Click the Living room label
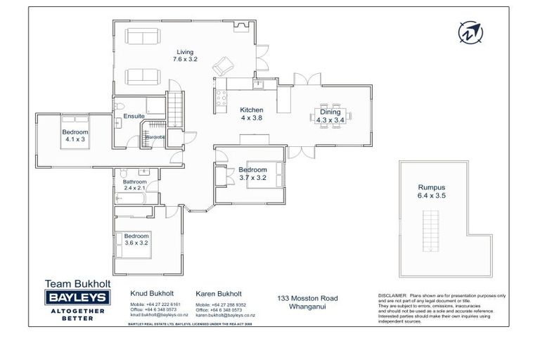tap(186, 56)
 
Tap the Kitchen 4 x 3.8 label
tap(251, 115)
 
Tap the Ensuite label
tap(134, 116)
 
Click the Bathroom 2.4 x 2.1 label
tap(134, 185)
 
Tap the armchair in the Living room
tap(222, 66)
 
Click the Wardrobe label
tap(155, 136)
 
